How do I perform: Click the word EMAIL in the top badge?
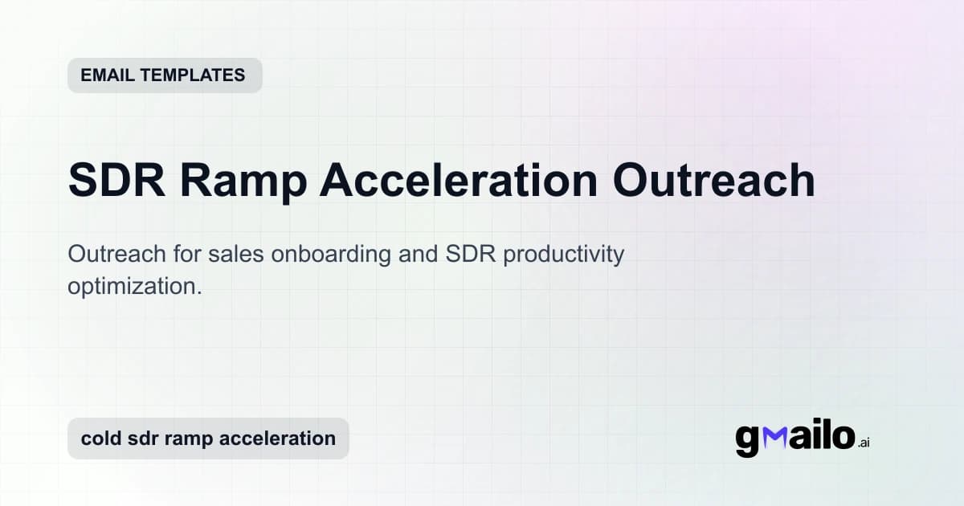point(107,75)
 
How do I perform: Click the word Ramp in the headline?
point(243,180)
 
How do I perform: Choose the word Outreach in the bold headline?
point(714,180)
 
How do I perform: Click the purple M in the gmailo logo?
point(778,438)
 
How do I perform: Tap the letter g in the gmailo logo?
point(748,440)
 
